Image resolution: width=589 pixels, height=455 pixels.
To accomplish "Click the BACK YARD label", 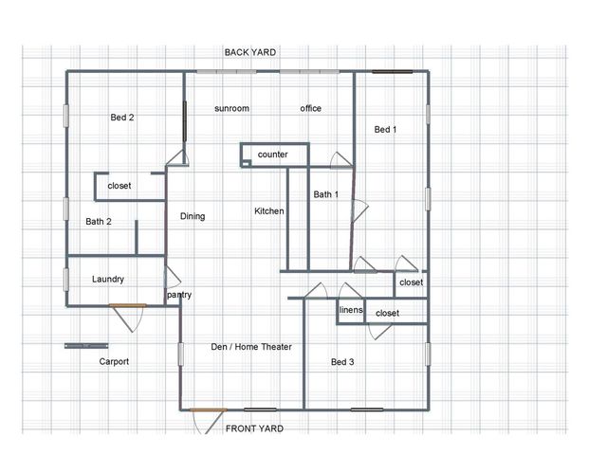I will click(250, 52).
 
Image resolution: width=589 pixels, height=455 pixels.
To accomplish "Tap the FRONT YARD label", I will click(254, 428).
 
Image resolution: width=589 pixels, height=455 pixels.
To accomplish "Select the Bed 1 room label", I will click(385, 129).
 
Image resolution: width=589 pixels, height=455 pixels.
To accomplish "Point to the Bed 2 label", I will click(122, 118).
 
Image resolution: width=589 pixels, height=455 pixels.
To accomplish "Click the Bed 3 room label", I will click(342, 362).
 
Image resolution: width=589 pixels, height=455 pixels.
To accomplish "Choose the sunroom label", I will click(231, 108).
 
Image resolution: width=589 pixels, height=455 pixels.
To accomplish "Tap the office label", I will click(311, 108).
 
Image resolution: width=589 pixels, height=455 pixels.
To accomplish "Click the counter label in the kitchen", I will click(272, 154).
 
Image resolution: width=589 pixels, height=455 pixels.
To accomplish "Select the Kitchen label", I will click(269, 210).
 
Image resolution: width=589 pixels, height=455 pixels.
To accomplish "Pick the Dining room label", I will click(193, 216).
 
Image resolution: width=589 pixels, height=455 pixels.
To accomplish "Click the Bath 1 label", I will click(325, 194).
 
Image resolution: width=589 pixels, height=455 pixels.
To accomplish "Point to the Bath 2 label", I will click(99, 222).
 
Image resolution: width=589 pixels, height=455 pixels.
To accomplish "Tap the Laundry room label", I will click(108, 280).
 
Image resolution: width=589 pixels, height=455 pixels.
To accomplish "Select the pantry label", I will click(179, 295).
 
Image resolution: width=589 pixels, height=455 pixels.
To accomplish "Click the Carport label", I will click(114, 361).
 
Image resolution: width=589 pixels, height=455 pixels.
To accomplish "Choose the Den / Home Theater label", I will click(250, 347).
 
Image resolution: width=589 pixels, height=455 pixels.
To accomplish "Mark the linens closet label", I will click(351, 310).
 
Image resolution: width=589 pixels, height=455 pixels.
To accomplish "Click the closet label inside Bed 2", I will click(120, 186).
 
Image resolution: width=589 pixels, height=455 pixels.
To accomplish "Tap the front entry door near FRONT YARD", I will click(207, 410).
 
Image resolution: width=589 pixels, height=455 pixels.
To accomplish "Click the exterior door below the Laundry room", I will click(127, 305).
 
